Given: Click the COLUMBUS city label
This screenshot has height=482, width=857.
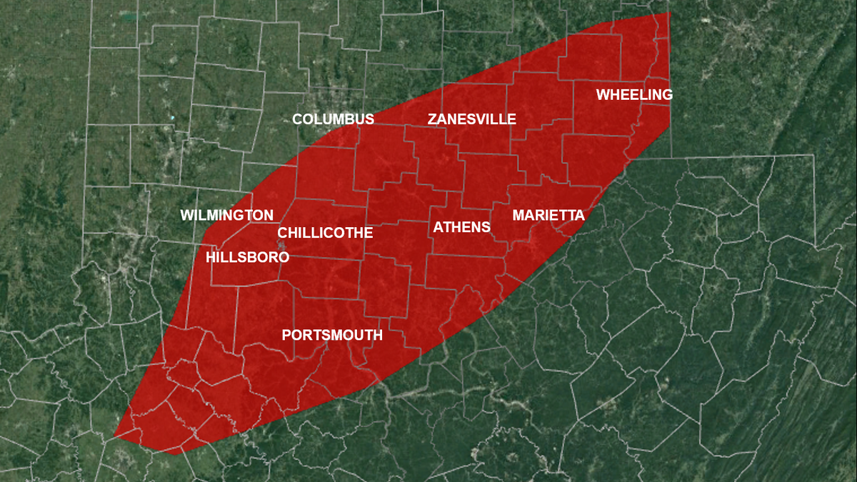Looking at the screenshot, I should point(333,119).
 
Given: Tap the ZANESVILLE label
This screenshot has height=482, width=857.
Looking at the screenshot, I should point(471,119).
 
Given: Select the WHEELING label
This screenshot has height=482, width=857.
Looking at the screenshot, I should point(634,95).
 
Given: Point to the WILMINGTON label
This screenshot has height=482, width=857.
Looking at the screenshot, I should point(226,216).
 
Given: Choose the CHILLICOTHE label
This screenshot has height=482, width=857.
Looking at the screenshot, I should point(325,234).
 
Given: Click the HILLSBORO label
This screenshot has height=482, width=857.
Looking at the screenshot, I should point(247,258).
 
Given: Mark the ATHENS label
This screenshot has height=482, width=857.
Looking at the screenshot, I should point(462,228).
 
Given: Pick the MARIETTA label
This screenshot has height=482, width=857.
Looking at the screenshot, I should point(548,216).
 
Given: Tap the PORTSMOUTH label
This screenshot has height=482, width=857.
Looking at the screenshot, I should point(332,336).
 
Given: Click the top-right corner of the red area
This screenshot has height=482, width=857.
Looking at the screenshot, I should point(670,13).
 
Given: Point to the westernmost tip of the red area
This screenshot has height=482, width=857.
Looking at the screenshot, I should point(114,435).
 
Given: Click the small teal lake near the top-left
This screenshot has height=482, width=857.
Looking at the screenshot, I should point(129,15).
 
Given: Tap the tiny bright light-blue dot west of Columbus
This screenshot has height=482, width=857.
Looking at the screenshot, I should point(172,117).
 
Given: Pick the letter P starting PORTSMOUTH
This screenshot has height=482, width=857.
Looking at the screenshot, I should point(286,336).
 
